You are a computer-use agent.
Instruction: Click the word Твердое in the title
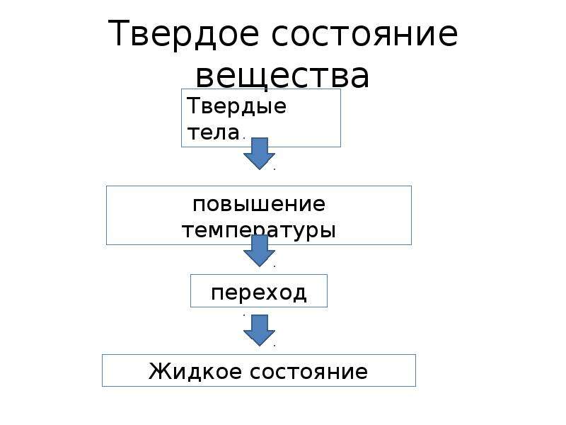click(x=183, y=35)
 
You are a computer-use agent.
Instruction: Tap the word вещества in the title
click(x=282, y=76)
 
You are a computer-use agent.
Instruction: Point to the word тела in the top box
click(x=214, y=132)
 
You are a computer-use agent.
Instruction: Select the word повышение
click(x=259, y=205)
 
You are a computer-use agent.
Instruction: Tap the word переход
click(x=259, y=293)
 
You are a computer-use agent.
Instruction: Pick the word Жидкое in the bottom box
click(x=195, y=371)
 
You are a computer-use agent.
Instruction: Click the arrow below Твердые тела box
click(x=259, y=154)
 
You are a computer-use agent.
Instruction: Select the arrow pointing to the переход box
click(x=259, y=251)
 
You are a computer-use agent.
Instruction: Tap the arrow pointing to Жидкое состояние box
click(x=259, y=330)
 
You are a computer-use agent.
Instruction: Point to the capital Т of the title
click(x=118, y=33)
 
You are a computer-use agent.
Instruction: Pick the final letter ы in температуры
click(x=328, y=229)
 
